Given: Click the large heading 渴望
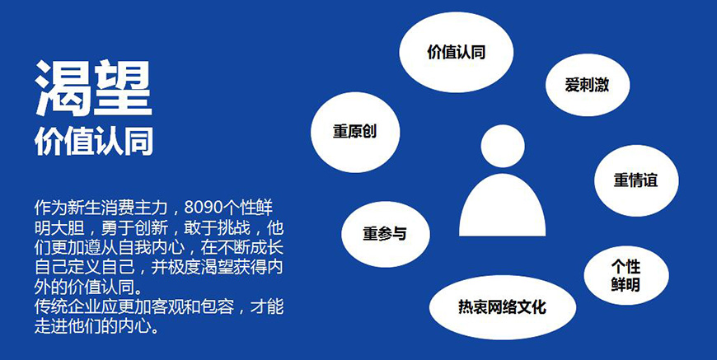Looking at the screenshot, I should coord(93,89).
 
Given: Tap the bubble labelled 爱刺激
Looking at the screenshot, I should coord(587,84).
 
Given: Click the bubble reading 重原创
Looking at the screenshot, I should coord(354,132).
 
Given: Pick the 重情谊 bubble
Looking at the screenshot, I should coord(635,180).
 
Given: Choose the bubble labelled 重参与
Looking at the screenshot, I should coord(384,233).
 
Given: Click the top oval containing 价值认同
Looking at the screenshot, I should coord(456,52).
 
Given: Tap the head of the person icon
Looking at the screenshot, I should coord(502,146).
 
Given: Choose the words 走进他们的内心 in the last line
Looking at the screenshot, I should coord(91,326).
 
